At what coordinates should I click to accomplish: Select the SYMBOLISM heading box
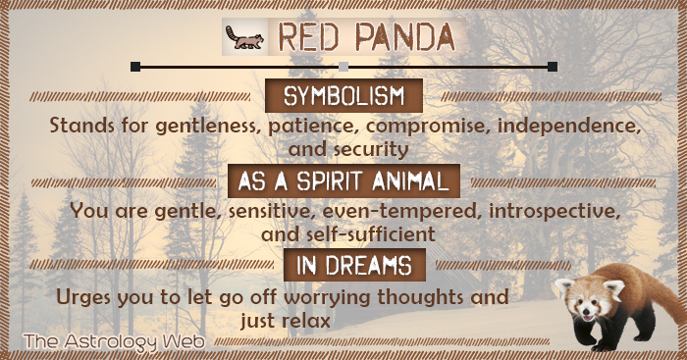pyautogui.click(x=343, y=96)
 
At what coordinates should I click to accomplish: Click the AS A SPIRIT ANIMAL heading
pyautogui.click(x=343, y=180)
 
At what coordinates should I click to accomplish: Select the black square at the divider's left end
pyautogui.click(x=135, y=67)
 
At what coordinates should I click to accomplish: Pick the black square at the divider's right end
pyautogui.click(x=552, y=67)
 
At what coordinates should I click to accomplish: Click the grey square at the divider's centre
pyautogui.click(x=343, y=67)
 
